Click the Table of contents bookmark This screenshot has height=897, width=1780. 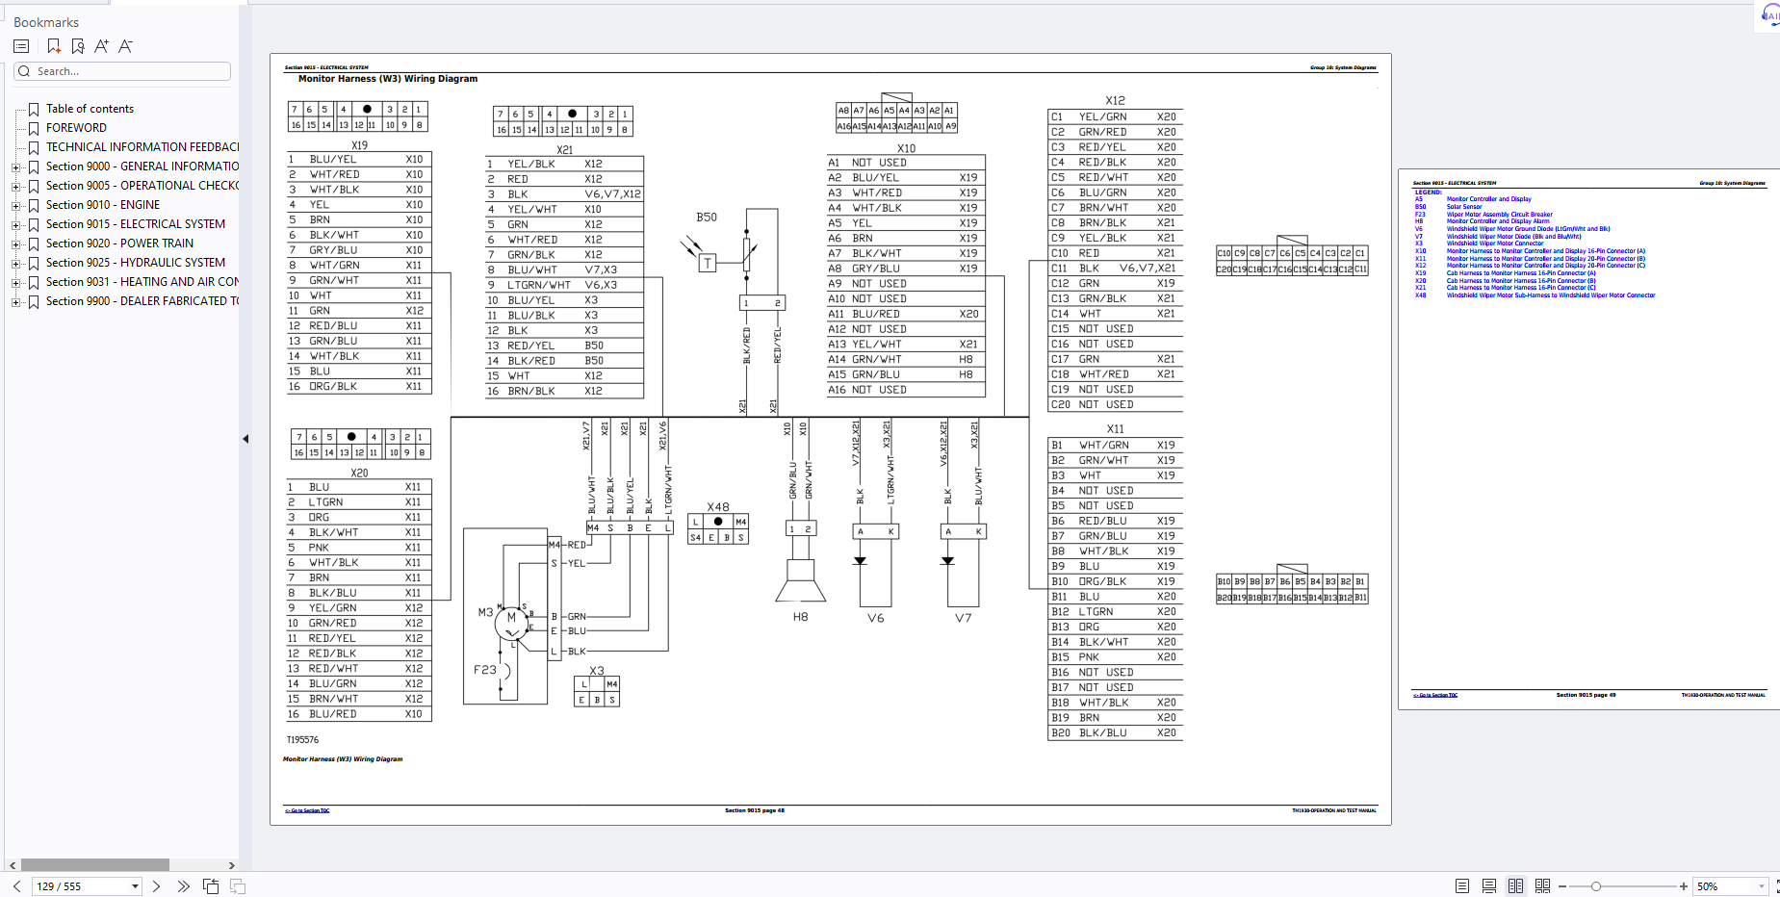[x=90, y=109]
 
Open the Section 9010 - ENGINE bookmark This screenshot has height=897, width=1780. [x=102, y=205]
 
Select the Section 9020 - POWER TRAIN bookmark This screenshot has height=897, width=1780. [x=119, y=243]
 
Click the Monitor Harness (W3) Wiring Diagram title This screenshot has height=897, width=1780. [x=387, y=79]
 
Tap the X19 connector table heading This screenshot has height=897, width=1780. [x=359, y=145]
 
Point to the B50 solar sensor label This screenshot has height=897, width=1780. [x=707, y=218]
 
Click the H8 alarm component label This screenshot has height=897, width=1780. [x=800, y=617]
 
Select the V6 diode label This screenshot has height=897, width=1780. [x=875, y=618]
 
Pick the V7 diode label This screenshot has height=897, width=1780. [x=963, y=618]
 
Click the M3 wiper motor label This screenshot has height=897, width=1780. [x=485, y=612]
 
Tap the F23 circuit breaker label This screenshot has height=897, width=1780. [x=484, y=670]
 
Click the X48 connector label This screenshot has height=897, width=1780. [x=718, y=507]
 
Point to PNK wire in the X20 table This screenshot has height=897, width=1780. [x=319, y=548]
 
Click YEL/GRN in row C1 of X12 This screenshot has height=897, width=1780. [x=1102, y=117]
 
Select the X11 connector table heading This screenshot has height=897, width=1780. [x=1115, y=429]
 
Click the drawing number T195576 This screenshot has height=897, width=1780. [x=302, y=740]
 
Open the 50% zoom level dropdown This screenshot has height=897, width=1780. [x=1761, y=886]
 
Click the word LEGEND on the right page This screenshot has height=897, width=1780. [x=1428, y=192]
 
